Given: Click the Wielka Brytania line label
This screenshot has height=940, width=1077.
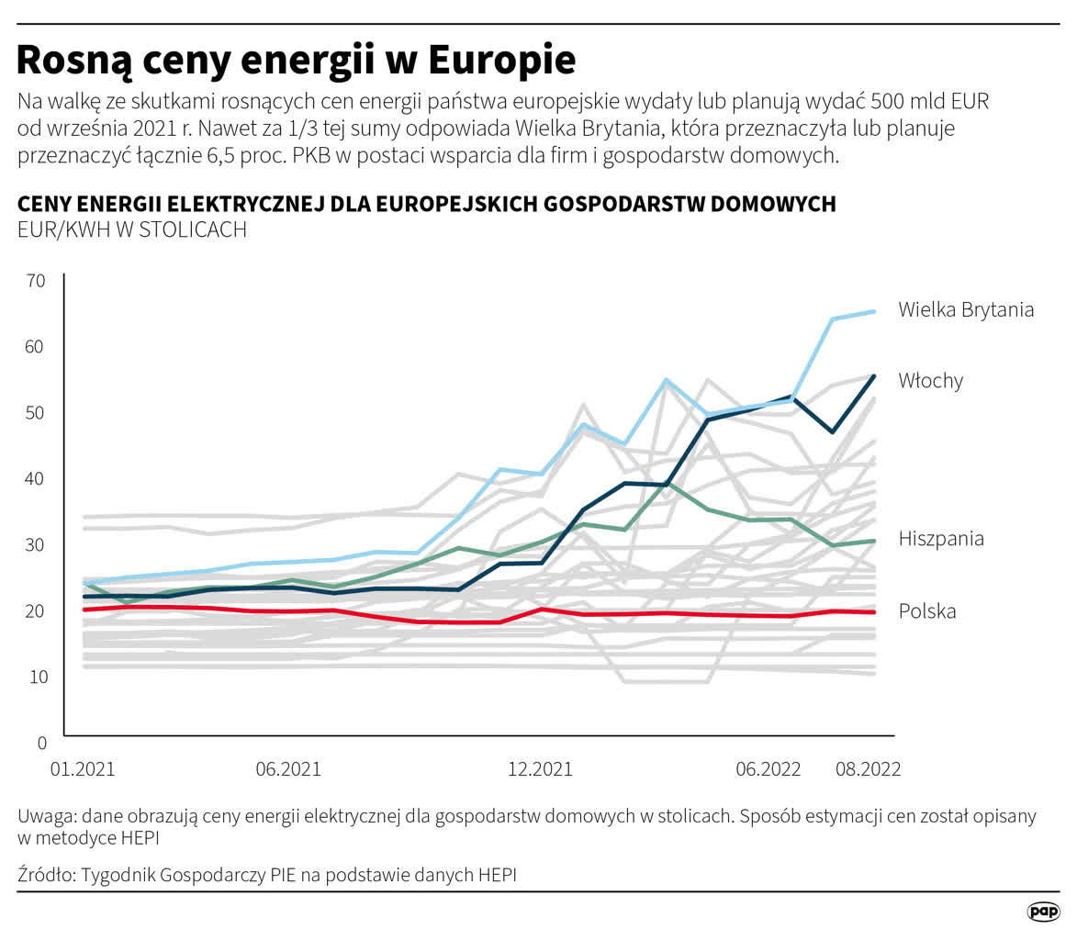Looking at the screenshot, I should [x=966, y=309].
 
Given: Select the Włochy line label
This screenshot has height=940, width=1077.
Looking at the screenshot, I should [x=931, y=380].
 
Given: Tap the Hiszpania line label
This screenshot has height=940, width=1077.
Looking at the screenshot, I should [x=941, y=538].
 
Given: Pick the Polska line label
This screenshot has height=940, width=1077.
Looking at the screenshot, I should [x=927, y=610].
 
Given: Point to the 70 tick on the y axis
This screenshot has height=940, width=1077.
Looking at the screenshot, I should [x=36, y=281].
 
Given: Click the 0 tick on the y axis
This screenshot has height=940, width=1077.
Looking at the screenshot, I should [x=40, y=742].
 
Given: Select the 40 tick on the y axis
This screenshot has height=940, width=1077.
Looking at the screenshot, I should [x=36, y=478].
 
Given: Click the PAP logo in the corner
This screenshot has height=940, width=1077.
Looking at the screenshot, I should [x=1043, y=911].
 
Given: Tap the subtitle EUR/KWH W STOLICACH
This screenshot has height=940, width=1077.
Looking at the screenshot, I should [x=132, y=229].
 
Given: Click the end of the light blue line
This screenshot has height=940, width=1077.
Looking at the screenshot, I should [x=874, y=312].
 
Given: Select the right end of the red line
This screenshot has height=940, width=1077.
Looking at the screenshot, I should [x=874, y=612].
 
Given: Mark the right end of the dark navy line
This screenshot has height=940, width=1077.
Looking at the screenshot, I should [x=874, y=376].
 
